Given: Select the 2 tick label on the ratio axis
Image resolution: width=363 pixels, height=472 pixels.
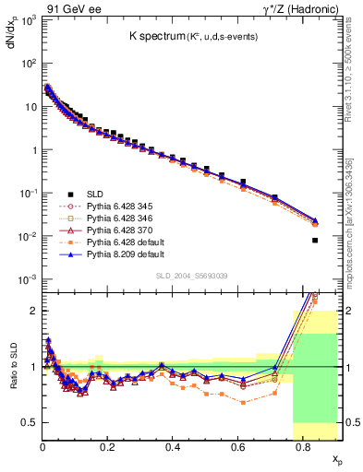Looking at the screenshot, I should coord(32,311).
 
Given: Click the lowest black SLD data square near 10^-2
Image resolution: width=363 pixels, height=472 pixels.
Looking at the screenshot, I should coord(315,241).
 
